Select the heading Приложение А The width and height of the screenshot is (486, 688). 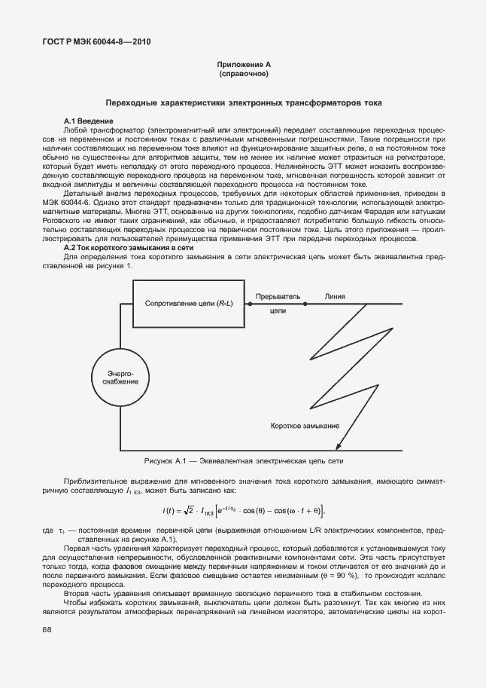[243, 66]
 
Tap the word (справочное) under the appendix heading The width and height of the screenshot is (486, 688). [243, 75]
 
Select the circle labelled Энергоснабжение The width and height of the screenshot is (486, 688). [117, 378]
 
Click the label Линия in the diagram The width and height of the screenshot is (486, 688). [335, 297]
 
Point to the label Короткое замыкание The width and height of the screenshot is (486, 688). [305, 426]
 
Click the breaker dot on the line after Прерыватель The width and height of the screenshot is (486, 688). [305, 303]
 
